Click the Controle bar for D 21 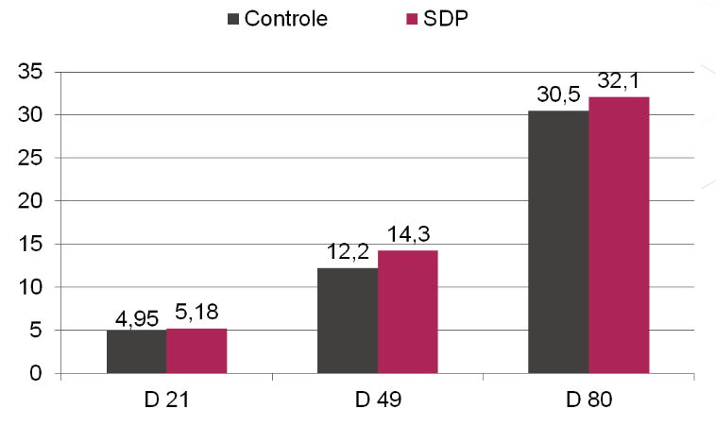[x=136, y=351]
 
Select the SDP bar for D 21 [x=196, y=350]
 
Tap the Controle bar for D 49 [x=348, y=320]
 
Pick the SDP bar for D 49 [x=407, y=312]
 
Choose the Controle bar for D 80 [x=558, y=242]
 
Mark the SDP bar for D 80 [x=619, y=235]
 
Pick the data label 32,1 [x=619, y=82]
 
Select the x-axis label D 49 [x=377, y=400]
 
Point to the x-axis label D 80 [x=588, y=400]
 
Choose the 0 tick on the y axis [x=35, y=373]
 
